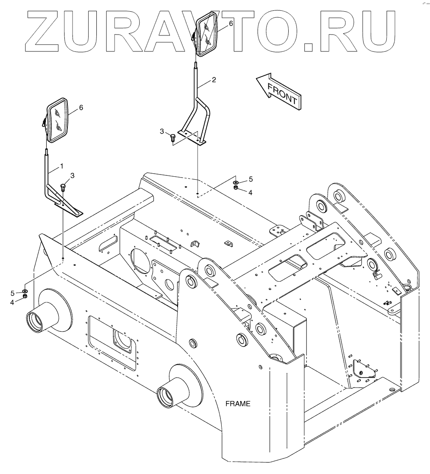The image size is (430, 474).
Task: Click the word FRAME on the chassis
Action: coord(238,404)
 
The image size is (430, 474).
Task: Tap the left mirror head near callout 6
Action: coord(58,120)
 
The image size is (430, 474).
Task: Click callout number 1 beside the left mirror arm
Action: coord(62,166)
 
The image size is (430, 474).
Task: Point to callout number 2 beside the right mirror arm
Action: coord(213,80)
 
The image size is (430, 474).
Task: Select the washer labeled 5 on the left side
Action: coord(25,292)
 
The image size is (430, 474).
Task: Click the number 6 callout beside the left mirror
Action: coord(81,107)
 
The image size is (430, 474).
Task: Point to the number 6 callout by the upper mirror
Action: coord(231,23)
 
